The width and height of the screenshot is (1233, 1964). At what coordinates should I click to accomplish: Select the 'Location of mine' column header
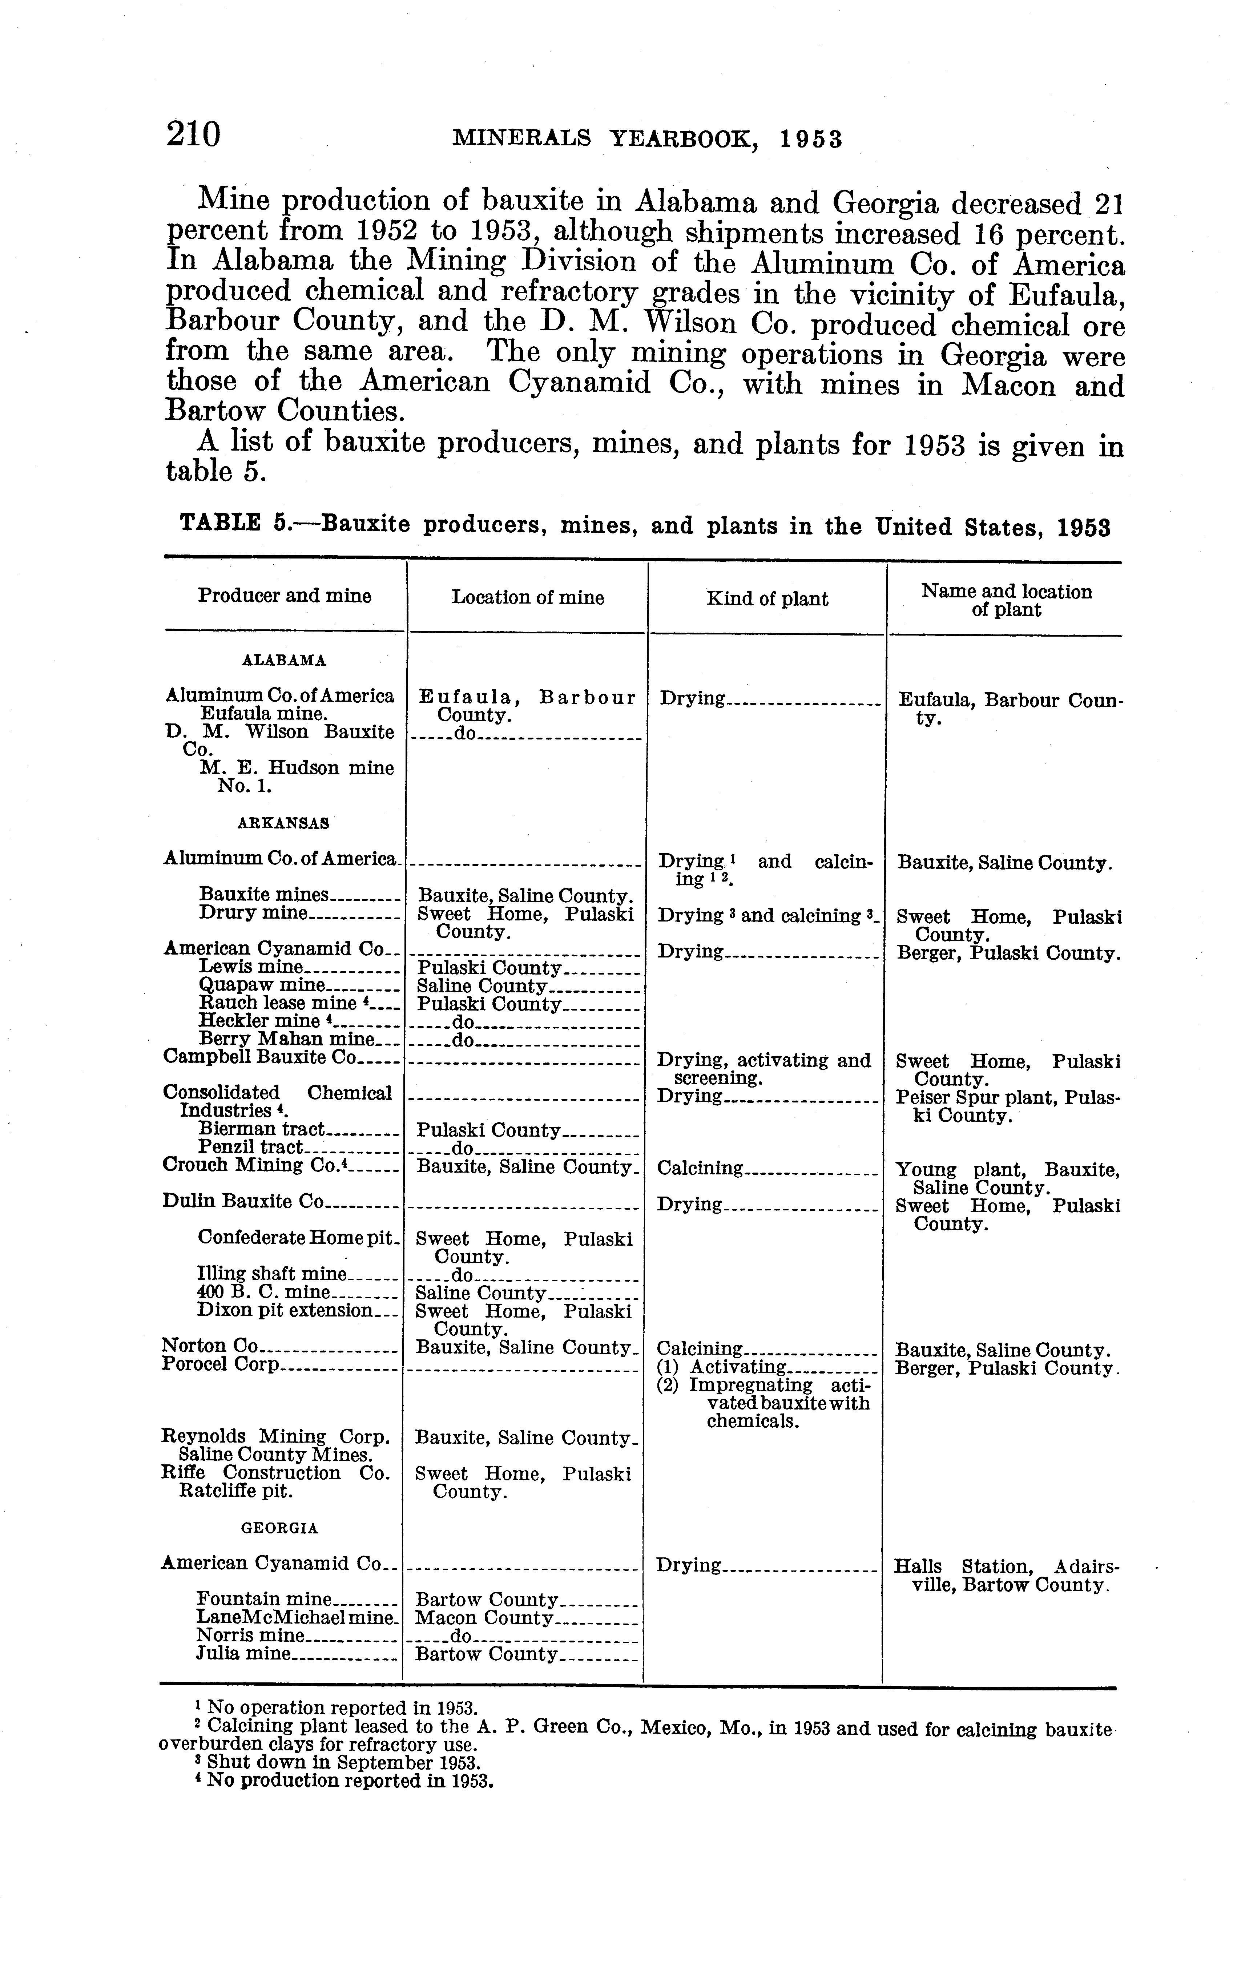[x=528, y=598]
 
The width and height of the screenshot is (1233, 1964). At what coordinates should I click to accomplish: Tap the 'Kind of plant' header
[x=766, y=599]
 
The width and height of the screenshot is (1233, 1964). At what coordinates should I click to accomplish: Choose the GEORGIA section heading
[x=280, y=1528]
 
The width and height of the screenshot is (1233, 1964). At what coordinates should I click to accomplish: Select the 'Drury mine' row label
[x=253, y=913]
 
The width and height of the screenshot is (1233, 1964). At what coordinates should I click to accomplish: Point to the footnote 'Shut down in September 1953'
[x=338, y=1763]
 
